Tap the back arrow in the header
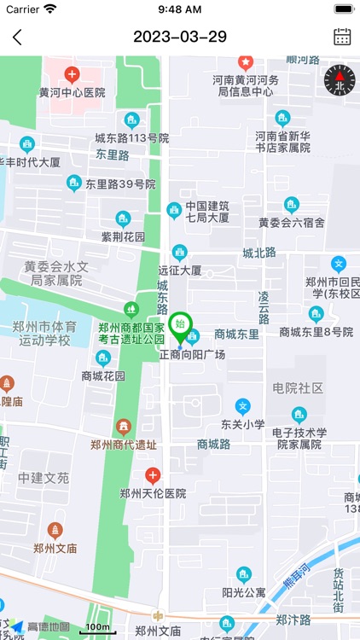point(18,37)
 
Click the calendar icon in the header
point(342,37)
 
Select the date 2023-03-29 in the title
point(180,37)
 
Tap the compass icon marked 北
point(339,80)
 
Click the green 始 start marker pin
point(180,327)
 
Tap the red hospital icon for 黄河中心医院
point(72,75)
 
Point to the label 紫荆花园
point(124,236)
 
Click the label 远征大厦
point(180,271)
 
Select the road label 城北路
point(259,253)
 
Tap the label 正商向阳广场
point(192,354)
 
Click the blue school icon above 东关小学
point(243,406)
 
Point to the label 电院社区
point(298,388)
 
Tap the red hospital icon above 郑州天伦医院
point(153,475)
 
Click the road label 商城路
point(214,444)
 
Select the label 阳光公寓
point(244,592)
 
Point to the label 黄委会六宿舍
point(292,223)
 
